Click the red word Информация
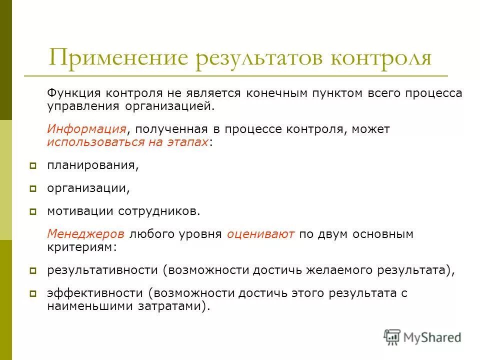[86, 129]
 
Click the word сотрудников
[159, 211]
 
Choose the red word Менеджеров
[86, 234]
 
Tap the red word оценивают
[260, 234]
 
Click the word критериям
[82, 247]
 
